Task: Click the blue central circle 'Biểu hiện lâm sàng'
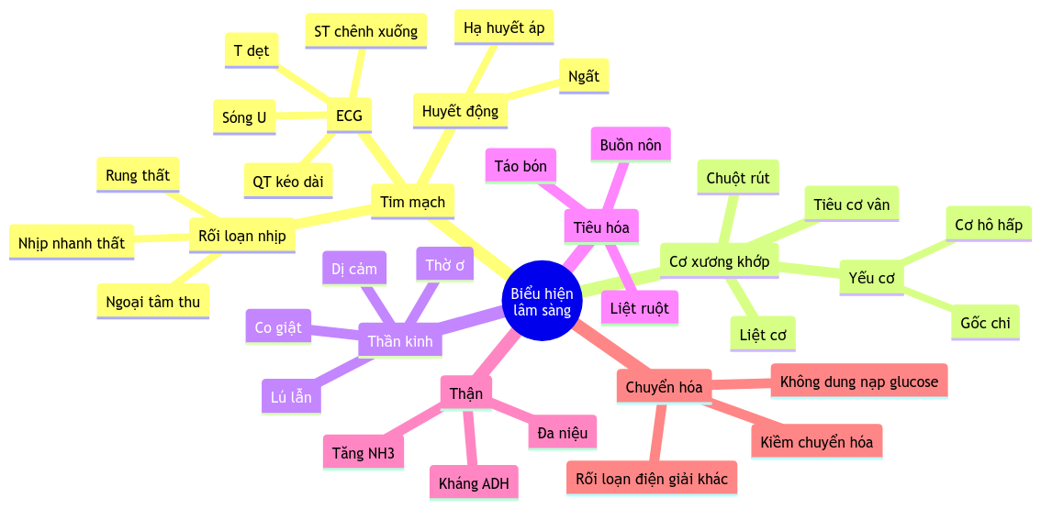543,301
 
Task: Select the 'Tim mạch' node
412,202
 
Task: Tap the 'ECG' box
349,116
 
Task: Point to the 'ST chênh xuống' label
365,31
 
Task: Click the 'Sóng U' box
244,117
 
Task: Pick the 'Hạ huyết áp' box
504,28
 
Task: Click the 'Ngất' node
584,76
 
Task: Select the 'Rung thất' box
138,175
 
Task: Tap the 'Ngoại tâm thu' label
152,301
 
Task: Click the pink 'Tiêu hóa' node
601,227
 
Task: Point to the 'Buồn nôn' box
631,145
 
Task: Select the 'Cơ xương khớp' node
719,261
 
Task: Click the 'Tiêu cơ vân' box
851,204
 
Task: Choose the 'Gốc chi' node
985,323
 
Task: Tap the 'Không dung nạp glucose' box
859,381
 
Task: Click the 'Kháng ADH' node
474,483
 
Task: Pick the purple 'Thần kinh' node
399,341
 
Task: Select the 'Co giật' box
278,327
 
